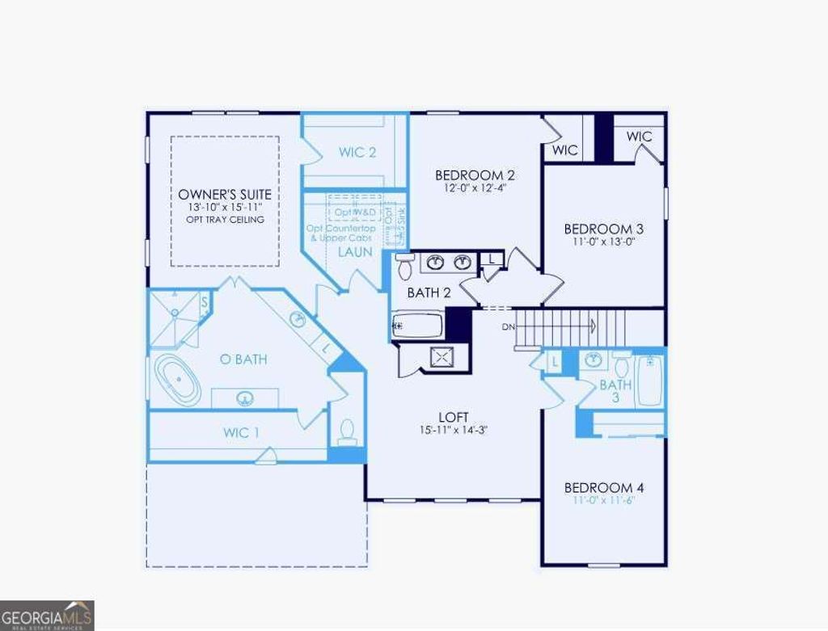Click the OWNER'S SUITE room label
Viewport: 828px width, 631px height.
pos(225,195)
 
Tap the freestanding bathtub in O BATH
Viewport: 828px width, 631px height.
pos(178,380)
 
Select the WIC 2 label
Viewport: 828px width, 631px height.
pos(357,152)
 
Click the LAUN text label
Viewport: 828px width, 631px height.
pos(355,252)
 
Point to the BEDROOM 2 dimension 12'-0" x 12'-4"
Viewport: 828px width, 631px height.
pos(475,188)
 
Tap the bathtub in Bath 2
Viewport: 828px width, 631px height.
pos(417,326)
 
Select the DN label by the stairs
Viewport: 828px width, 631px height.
pos(508,326)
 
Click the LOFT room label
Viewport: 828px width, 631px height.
pos(453,417)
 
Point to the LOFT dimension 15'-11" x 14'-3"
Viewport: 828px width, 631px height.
pos(453,430)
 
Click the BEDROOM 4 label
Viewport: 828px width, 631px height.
pos(604,488)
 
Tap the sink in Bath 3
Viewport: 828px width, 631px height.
pos(594,360)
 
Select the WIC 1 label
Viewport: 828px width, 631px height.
pos(241,433)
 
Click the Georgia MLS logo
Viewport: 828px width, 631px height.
pos(47,615)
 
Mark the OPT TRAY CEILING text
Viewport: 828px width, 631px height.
pos(225,220)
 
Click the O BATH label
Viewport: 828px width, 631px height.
pos(243,360)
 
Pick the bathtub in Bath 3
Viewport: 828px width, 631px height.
pos(650,381)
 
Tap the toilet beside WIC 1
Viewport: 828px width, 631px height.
pos(347,431)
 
